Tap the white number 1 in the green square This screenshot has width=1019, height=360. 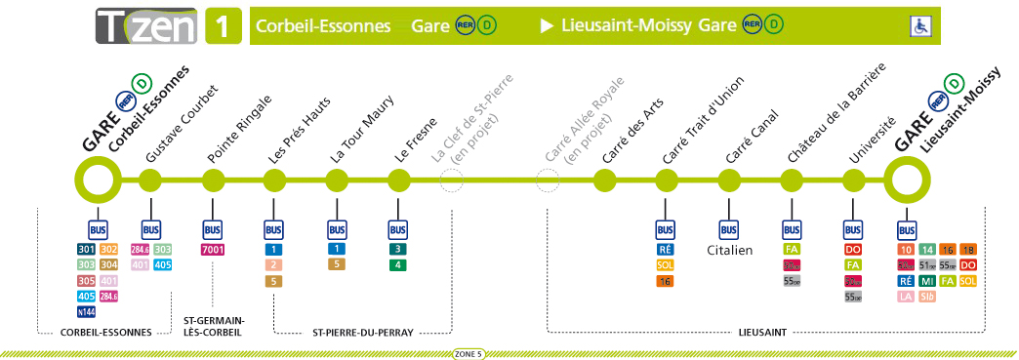223,25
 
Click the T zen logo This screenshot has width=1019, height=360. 147,25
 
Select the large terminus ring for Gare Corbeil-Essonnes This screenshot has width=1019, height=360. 97,180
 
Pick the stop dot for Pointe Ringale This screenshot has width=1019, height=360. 213,180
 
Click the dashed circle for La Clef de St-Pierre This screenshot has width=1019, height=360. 451,180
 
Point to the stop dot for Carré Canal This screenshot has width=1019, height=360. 729,180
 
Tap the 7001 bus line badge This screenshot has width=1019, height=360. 213,250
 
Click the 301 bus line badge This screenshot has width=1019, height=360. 86,250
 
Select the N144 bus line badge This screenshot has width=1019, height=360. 86,312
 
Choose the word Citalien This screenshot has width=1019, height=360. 730,251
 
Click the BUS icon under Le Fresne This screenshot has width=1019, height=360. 397,230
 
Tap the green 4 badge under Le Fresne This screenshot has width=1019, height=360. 397,265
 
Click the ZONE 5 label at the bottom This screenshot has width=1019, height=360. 469,353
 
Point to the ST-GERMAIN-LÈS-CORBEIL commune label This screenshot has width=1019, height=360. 214,326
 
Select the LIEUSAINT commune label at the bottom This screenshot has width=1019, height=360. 764,333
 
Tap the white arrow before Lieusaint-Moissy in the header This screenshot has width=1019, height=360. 546,25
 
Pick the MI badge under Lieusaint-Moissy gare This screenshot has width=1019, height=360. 926,281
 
